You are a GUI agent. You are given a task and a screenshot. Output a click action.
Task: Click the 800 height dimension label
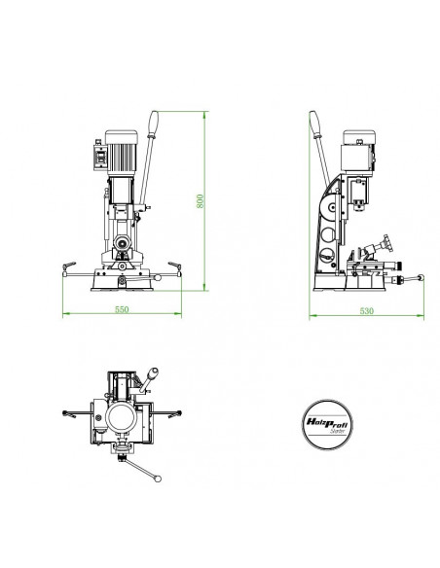pos(201,201)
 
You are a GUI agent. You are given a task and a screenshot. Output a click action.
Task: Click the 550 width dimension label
pos(122,309)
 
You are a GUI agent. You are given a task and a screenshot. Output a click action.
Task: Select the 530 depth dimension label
pos(366,311)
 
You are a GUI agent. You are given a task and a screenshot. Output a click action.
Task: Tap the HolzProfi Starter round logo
pos(327,425)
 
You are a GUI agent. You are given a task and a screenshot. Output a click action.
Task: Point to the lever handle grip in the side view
pos(315,124)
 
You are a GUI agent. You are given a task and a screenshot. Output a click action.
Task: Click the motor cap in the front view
pos(122,136)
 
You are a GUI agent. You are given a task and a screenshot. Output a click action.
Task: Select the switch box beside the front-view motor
pos(99,157)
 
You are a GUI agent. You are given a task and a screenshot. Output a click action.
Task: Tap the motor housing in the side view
pos(356,157)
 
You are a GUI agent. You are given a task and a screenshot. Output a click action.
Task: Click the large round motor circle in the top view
pos(122,417)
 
